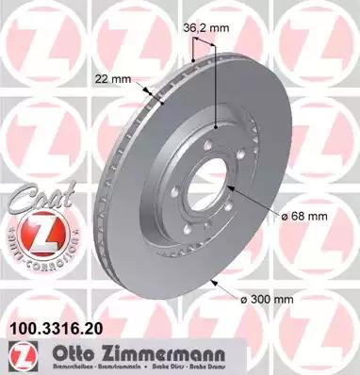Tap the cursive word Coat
click(35, 200)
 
